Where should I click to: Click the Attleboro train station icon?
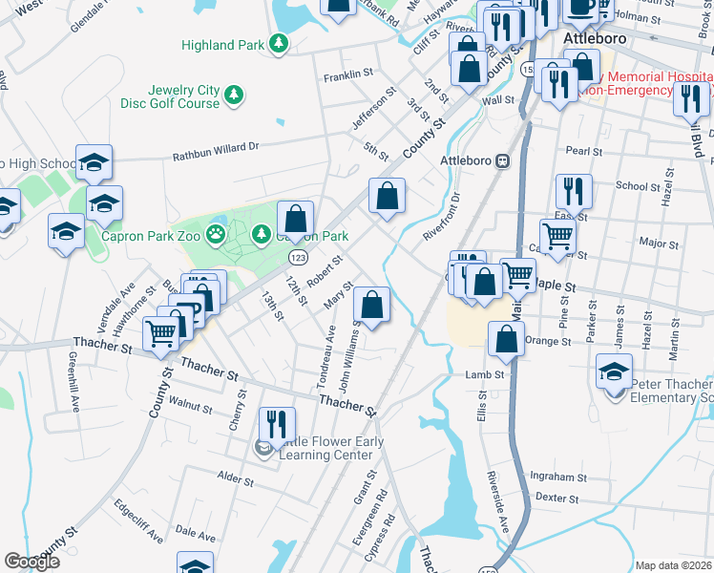(x=501, y=160)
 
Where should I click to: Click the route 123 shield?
(x=299, y=258)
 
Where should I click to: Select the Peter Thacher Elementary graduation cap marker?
(x=612, y=371)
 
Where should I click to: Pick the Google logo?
(x=31, y=562)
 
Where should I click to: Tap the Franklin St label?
(x=348, y=75)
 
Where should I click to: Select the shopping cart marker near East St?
(x=557, y=236)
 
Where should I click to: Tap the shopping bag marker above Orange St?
(x=506, y=337)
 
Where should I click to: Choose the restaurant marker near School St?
(x=573, y=190)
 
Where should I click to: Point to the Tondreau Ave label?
(x=325, y=358)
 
